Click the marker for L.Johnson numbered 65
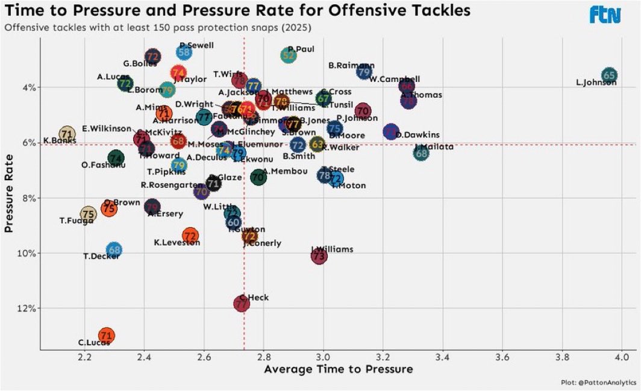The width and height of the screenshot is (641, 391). tap(609, 75)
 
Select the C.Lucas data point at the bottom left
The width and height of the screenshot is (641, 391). tap(106, 336)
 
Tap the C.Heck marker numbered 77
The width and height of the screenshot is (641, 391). tap(242, 304)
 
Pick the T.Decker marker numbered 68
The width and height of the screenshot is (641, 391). tap(114, 249)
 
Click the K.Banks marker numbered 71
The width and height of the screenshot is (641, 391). tap(67, 134)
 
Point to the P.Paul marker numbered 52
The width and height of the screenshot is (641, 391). tap(289, 55)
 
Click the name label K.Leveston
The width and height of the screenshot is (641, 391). tap(177, 242)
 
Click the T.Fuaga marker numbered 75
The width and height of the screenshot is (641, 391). tap(89, 214)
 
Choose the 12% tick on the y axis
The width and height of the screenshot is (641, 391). tap(27, 308)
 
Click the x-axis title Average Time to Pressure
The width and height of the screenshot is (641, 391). tap(338, 369)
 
